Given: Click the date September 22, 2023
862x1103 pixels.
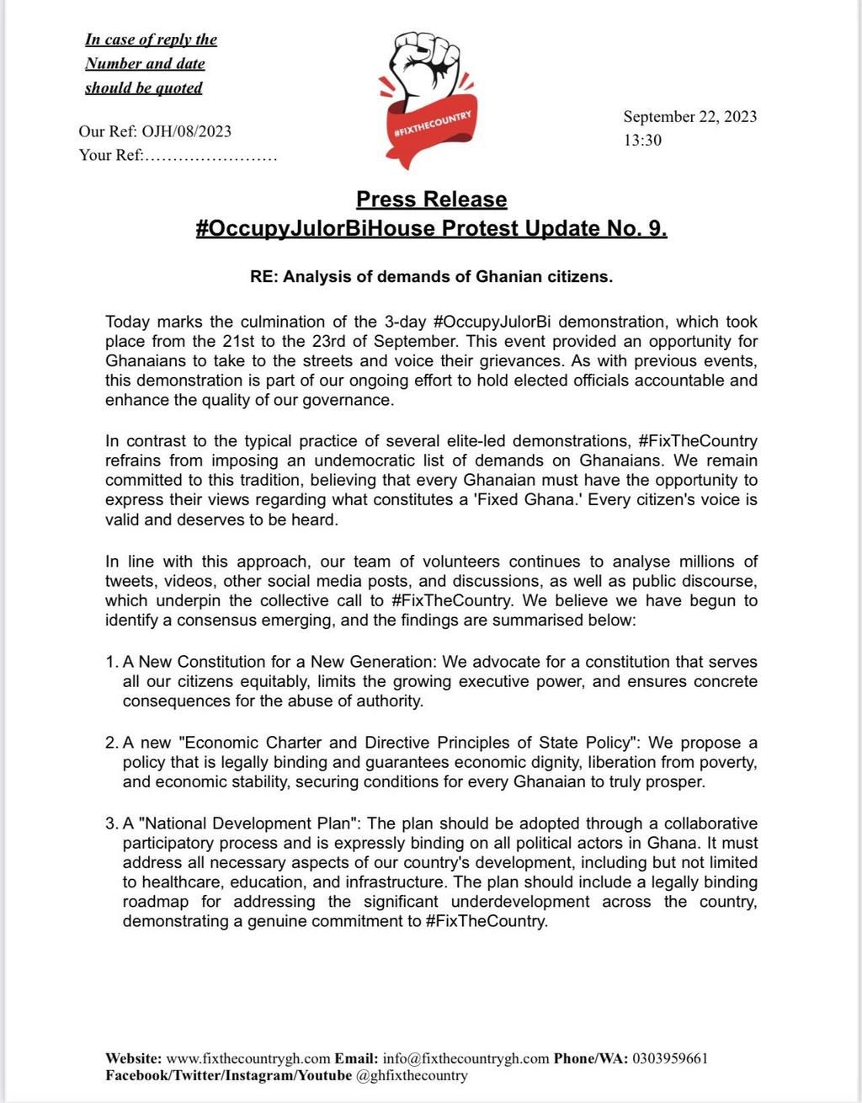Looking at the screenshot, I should [x=689, y=116].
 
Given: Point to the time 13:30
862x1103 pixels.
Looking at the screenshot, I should [x=642, y=141].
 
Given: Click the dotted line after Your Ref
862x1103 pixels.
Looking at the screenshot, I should [x=210, y=156].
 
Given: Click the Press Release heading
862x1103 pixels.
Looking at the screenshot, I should [x=431, y=200].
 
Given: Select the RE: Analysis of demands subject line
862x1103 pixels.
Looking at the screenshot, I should [x=431, y=277].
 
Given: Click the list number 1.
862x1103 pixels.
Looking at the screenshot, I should [x=111, y=662].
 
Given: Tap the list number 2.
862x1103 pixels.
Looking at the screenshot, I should [x=111, y=743].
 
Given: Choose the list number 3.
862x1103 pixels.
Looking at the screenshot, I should [x=111, y=823].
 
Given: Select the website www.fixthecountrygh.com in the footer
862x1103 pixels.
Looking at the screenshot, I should [x=248, y=1058].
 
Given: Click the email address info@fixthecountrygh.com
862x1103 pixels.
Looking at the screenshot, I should [x=466, y=1058].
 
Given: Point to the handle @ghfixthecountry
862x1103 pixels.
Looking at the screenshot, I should [x=412, y=1075].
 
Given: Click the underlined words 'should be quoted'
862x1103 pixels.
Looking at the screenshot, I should [x=144, y=88].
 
